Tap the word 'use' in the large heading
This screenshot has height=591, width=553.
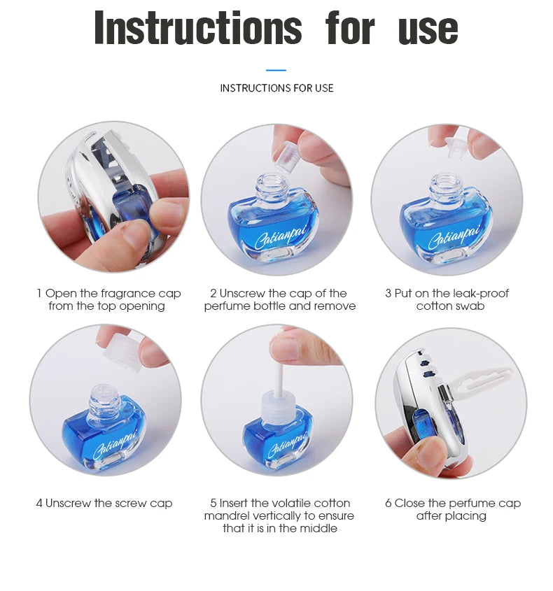point(428,29)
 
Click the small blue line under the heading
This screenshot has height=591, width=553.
point(276,70)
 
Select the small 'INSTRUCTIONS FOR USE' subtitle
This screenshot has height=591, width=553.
point(276,88)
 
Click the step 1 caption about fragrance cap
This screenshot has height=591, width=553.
point(108,299)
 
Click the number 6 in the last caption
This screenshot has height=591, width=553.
point(388,503)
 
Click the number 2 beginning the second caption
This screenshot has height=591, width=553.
point(213,293)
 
